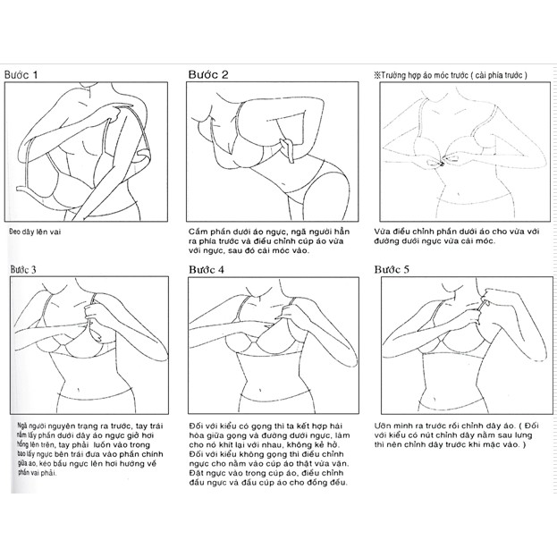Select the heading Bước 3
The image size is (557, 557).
pyautogui.click(x=28, y=268)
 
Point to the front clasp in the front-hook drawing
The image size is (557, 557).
pyautogui.click(x=445, y=162)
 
